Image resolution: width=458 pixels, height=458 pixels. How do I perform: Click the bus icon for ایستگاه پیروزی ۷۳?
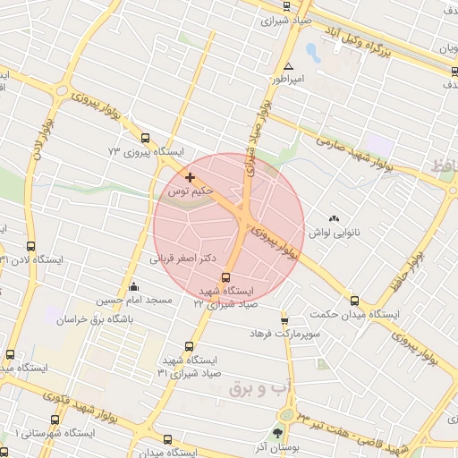(146, 138)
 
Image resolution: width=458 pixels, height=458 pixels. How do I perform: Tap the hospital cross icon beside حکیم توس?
(190, 176)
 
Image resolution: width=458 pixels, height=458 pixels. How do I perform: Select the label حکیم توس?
(190, 191)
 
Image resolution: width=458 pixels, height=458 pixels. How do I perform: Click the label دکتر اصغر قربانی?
(183, 257)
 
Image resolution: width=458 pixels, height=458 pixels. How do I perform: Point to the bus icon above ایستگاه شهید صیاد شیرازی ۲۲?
(225, 277)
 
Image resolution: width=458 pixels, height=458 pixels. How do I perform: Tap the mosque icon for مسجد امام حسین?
(134, 286)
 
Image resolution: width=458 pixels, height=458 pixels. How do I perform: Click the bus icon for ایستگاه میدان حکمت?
(354, 301)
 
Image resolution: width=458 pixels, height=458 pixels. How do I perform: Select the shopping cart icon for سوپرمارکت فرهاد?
(284, 319)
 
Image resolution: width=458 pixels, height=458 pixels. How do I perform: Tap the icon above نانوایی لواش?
(335, 217)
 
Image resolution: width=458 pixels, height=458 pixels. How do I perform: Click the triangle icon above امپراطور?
(287, 67)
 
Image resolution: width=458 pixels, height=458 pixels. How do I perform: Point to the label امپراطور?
(291, 80)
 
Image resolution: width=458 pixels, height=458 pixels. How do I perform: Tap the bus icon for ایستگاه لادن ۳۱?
(31, 247)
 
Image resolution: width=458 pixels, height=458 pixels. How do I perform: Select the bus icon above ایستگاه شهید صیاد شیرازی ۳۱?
(189, 346)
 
